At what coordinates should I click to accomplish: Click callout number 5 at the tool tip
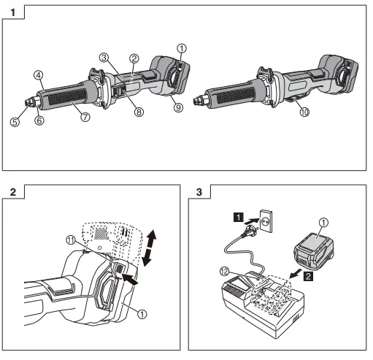coord(14,122)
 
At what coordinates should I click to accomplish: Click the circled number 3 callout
coord(105,57)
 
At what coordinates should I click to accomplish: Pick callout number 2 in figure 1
coord(134,58)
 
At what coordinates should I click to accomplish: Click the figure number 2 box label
coord(13,193)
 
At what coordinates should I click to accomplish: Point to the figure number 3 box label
coord(200,193)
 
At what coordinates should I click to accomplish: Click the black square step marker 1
coord(237,216)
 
